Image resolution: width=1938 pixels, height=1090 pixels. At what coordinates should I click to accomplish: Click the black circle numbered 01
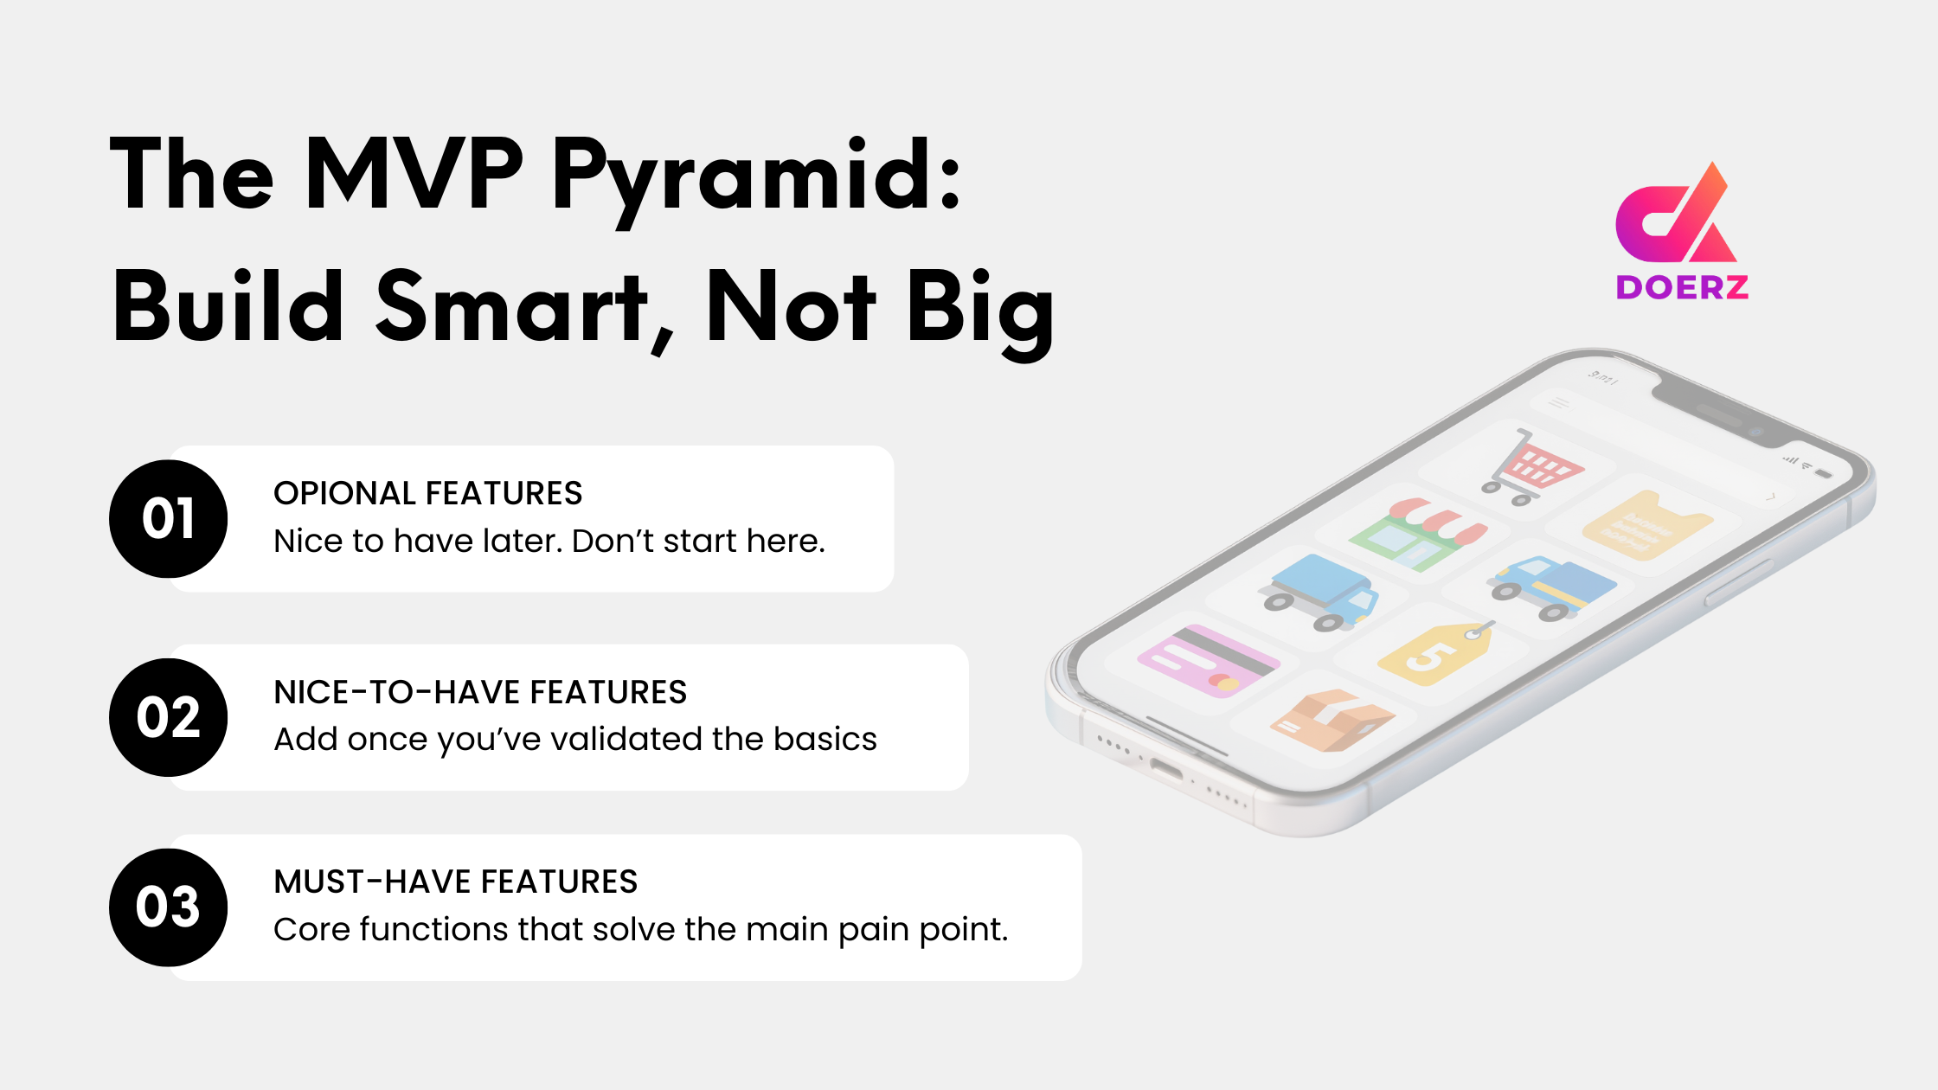tap(169, 519)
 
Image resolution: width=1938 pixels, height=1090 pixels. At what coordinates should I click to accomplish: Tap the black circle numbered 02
tap(169, 717)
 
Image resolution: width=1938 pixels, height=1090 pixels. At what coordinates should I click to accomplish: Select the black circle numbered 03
tap(169, 907)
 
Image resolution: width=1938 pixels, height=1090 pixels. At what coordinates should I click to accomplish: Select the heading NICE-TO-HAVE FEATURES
tap(480, 692)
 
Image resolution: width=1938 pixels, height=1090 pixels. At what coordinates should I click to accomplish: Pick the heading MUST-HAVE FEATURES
tap(456, 882)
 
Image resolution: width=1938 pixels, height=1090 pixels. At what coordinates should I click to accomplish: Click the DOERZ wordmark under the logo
tap(1682, 287)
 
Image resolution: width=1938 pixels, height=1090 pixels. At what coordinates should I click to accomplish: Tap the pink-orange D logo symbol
tap(1674, 216)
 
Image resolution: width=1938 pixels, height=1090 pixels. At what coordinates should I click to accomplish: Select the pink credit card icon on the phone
tap(1207, 662)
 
